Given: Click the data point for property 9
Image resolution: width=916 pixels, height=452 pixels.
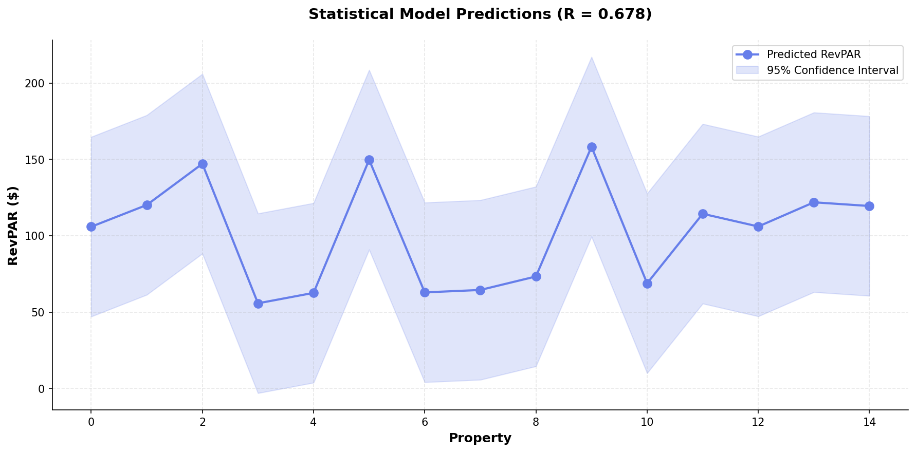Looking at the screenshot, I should [x=592, y=147].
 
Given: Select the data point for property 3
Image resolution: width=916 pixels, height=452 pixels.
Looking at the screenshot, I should [x=258, y=304].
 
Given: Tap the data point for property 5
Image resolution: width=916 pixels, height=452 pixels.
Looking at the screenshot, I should [x=369, y=160].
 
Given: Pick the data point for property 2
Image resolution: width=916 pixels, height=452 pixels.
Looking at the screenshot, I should [x=203, y=164].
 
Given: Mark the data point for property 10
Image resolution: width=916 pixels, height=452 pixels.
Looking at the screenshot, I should [x=647, y=284].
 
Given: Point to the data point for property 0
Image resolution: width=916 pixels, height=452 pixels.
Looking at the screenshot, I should [x=91, y=227].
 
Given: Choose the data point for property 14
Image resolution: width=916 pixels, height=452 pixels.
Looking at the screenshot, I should [x=869, y=206].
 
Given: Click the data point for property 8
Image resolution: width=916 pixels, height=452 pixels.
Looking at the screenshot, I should [x=536, y=276].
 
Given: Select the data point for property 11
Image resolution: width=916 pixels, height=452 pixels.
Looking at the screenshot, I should [x=703, y=214].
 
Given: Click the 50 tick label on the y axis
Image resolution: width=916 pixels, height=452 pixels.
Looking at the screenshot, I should [x=41, y=312].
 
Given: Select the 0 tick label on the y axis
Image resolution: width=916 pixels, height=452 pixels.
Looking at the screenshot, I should [x=44, y=389].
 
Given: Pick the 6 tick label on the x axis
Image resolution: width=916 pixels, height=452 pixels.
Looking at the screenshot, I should [x=425, y=422].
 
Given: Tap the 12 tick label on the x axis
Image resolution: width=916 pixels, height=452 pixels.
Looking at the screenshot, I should [x=758, y=422].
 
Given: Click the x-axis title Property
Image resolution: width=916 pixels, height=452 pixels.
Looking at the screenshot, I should [x=480, y=438].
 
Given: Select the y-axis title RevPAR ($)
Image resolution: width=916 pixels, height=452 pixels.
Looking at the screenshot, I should [x=13, y=225].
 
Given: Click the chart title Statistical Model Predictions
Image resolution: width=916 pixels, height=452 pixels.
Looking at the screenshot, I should [x=429, y=14].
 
